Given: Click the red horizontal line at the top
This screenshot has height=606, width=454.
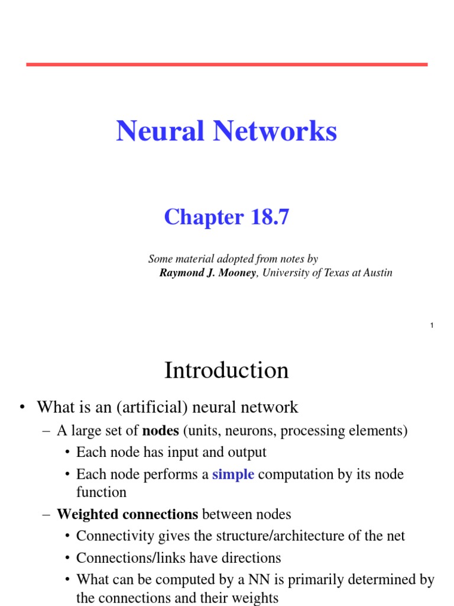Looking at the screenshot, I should tap(226, 64).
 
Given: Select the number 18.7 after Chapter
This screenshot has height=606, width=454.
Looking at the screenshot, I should tap(270, 218).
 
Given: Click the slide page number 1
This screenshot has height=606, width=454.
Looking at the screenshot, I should tap(432, 326).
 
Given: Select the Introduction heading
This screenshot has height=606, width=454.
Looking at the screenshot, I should tap(226, 371).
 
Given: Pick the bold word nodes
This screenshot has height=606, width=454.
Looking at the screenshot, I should tap(161, 431).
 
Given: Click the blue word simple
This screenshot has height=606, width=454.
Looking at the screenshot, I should tap(233, 475).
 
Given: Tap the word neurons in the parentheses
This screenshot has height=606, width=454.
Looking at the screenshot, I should tap(252, 431).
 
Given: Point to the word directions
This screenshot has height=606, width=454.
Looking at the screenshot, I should tap(251, 558).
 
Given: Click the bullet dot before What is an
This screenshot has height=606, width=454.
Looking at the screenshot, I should tap(22, 407).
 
